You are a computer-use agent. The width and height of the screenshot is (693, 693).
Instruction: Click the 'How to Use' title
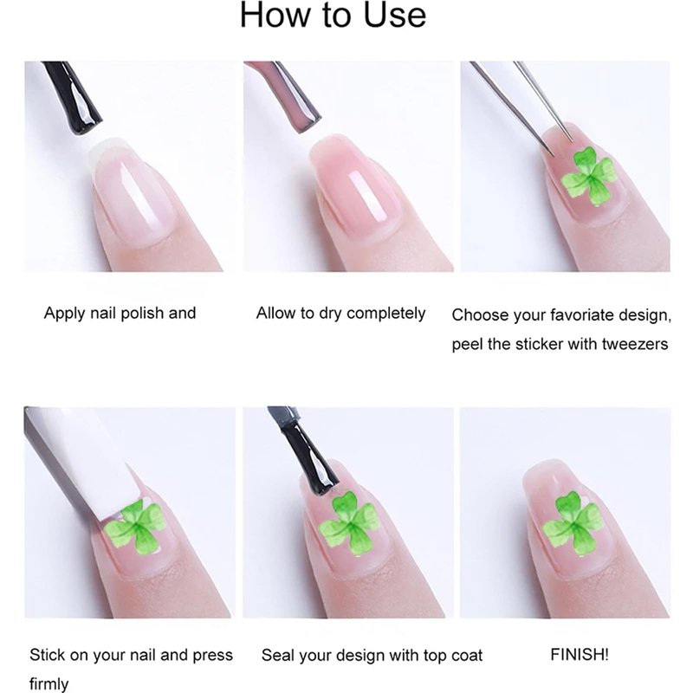click(333, 15)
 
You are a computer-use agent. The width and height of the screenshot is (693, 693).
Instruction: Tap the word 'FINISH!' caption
click(580, 655)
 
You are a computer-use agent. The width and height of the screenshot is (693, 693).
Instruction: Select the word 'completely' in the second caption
click(385, 314)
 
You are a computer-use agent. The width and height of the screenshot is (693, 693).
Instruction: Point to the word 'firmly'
click(49, 683)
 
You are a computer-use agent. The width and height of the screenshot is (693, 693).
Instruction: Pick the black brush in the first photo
click(73, 96)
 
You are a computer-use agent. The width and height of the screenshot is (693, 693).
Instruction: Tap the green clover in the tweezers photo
click(590, 177)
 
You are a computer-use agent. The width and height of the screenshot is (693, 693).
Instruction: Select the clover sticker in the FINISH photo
click(573, 523)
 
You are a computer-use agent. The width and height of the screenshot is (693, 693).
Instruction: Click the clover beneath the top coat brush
click(350, 523)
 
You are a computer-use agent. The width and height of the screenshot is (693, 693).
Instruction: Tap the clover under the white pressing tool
click(136, 527)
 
